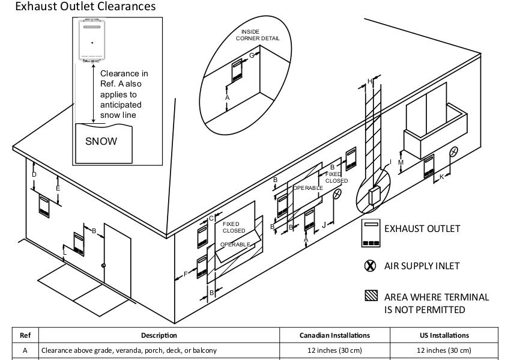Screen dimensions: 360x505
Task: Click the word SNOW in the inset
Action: [101, 141]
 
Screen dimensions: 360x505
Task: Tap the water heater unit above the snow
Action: [92, 41]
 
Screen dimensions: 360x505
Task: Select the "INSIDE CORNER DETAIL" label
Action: [258, 35]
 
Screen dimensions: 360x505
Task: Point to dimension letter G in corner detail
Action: [252, 55]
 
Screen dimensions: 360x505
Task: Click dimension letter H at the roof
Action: [370, 81]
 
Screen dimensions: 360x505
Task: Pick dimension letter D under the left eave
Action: [34, 174]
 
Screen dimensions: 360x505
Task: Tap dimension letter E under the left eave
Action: [58, 188]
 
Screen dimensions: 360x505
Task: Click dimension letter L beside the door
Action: [65, 252]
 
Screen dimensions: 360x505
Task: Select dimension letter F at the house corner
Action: [186, 275]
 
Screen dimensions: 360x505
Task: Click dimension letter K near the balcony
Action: [442, 177]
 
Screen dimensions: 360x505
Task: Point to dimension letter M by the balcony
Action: [401, 162]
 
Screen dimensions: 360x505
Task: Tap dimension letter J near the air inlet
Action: [324, 225]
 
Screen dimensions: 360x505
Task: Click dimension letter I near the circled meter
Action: [390, 162]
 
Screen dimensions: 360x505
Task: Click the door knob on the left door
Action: [104, 265]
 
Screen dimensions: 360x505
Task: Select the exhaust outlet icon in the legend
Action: [370, 233]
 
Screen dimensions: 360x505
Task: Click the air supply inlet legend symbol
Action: [370, 266]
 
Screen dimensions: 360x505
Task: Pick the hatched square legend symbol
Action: [370, 296]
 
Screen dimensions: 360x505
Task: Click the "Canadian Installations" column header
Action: [334, 335]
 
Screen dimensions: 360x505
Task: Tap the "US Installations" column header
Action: [444, 335]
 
